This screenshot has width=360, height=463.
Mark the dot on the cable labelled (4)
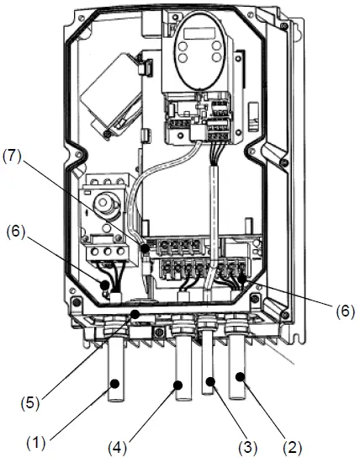(179, 386)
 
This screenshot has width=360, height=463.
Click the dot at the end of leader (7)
(146, 250)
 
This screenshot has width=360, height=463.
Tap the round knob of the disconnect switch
(107, 203)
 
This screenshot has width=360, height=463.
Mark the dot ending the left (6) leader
(106, 286)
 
